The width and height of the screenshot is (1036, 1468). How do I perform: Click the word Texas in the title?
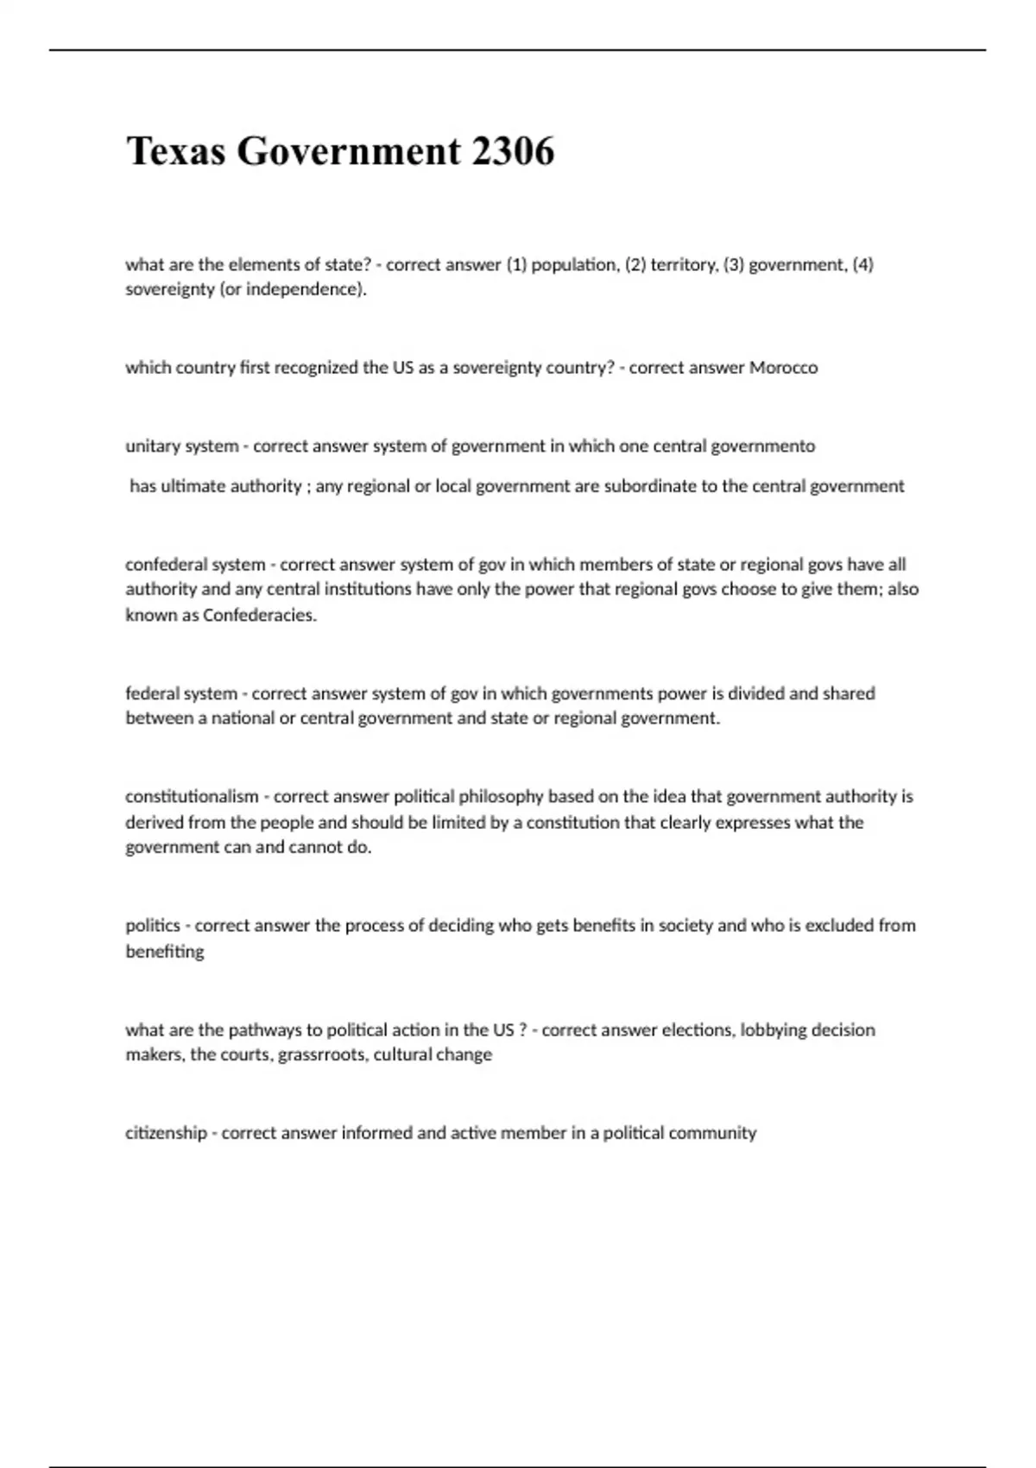tap(176, 151)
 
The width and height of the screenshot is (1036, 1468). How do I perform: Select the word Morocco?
tap(783, 368)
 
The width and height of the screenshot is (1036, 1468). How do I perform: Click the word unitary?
tap(151, 446)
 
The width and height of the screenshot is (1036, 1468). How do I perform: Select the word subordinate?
tap(650, 486)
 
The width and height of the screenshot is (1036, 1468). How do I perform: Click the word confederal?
tap(162, 565)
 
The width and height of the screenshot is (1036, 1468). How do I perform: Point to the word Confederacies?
tap(259, 616)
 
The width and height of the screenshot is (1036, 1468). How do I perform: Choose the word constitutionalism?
tap(192, 796)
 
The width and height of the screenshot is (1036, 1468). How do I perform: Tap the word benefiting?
tap(165, 952)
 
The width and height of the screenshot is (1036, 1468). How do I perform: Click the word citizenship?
tap(166, 1133)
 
